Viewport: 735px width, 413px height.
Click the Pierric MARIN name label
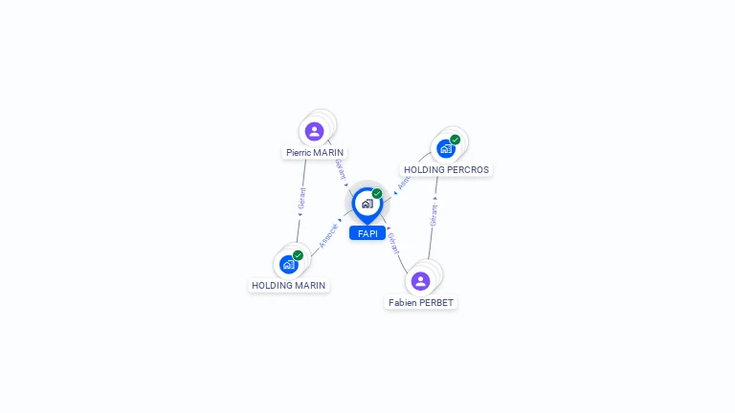tap(315, 152)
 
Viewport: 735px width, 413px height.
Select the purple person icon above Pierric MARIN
tap(314, 131)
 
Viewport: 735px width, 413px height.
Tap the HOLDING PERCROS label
tap(446, 169)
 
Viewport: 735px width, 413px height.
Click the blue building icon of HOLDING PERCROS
tap(445, 148)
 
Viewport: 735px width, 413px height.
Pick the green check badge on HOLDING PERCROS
tap(455, 140)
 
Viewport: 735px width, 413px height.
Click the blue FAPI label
tap(367, 233)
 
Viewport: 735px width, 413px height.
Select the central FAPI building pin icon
tap(367, 204)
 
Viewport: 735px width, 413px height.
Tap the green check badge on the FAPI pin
tap(377, 194)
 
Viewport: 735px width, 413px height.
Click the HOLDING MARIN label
tap(289, 285)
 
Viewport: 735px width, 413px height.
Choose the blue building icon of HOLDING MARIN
tap(288, 264)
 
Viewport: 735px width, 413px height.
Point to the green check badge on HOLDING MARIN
tap(298, 255)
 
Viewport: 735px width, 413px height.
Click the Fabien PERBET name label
tap(421, 302)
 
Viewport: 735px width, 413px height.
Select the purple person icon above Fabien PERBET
tap(420, 281)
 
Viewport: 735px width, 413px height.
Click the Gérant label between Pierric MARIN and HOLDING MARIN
tap(302, 198)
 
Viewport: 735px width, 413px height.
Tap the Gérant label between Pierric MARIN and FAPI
tap(340, 169)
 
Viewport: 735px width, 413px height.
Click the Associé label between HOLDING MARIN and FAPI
tap(328, 234)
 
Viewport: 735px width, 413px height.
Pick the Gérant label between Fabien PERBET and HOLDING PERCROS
tap(434, 214)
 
